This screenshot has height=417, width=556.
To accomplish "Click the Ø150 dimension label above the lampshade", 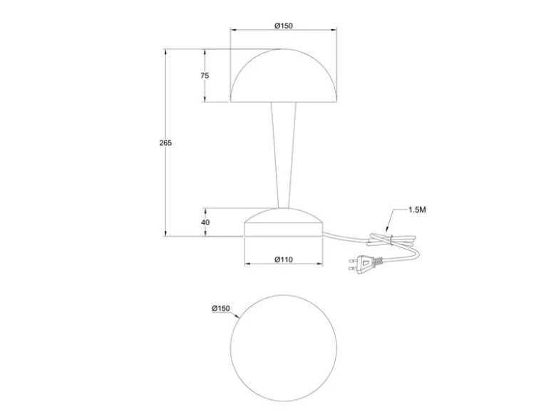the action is pos(284,26).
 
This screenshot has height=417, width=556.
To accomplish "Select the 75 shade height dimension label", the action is pos(205,76).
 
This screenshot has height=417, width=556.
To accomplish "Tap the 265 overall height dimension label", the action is pos(165,143).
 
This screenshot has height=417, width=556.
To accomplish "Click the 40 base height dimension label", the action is pos(205,222).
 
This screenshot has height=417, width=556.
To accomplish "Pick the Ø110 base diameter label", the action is pos(284,259).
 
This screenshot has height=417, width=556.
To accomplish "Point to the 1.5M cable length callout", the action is pos(417,210).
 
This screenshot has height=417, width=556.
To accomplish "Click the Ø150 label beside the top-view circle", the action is pos(221,309).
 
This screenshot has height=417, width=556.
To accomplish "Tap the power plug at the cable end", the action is pos(365,263).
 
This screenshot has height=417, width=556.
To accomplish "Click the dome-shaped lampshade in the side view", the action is pos(284,76).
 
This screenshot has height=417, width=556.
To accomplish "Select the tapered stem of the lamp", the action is pos(284,155).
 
